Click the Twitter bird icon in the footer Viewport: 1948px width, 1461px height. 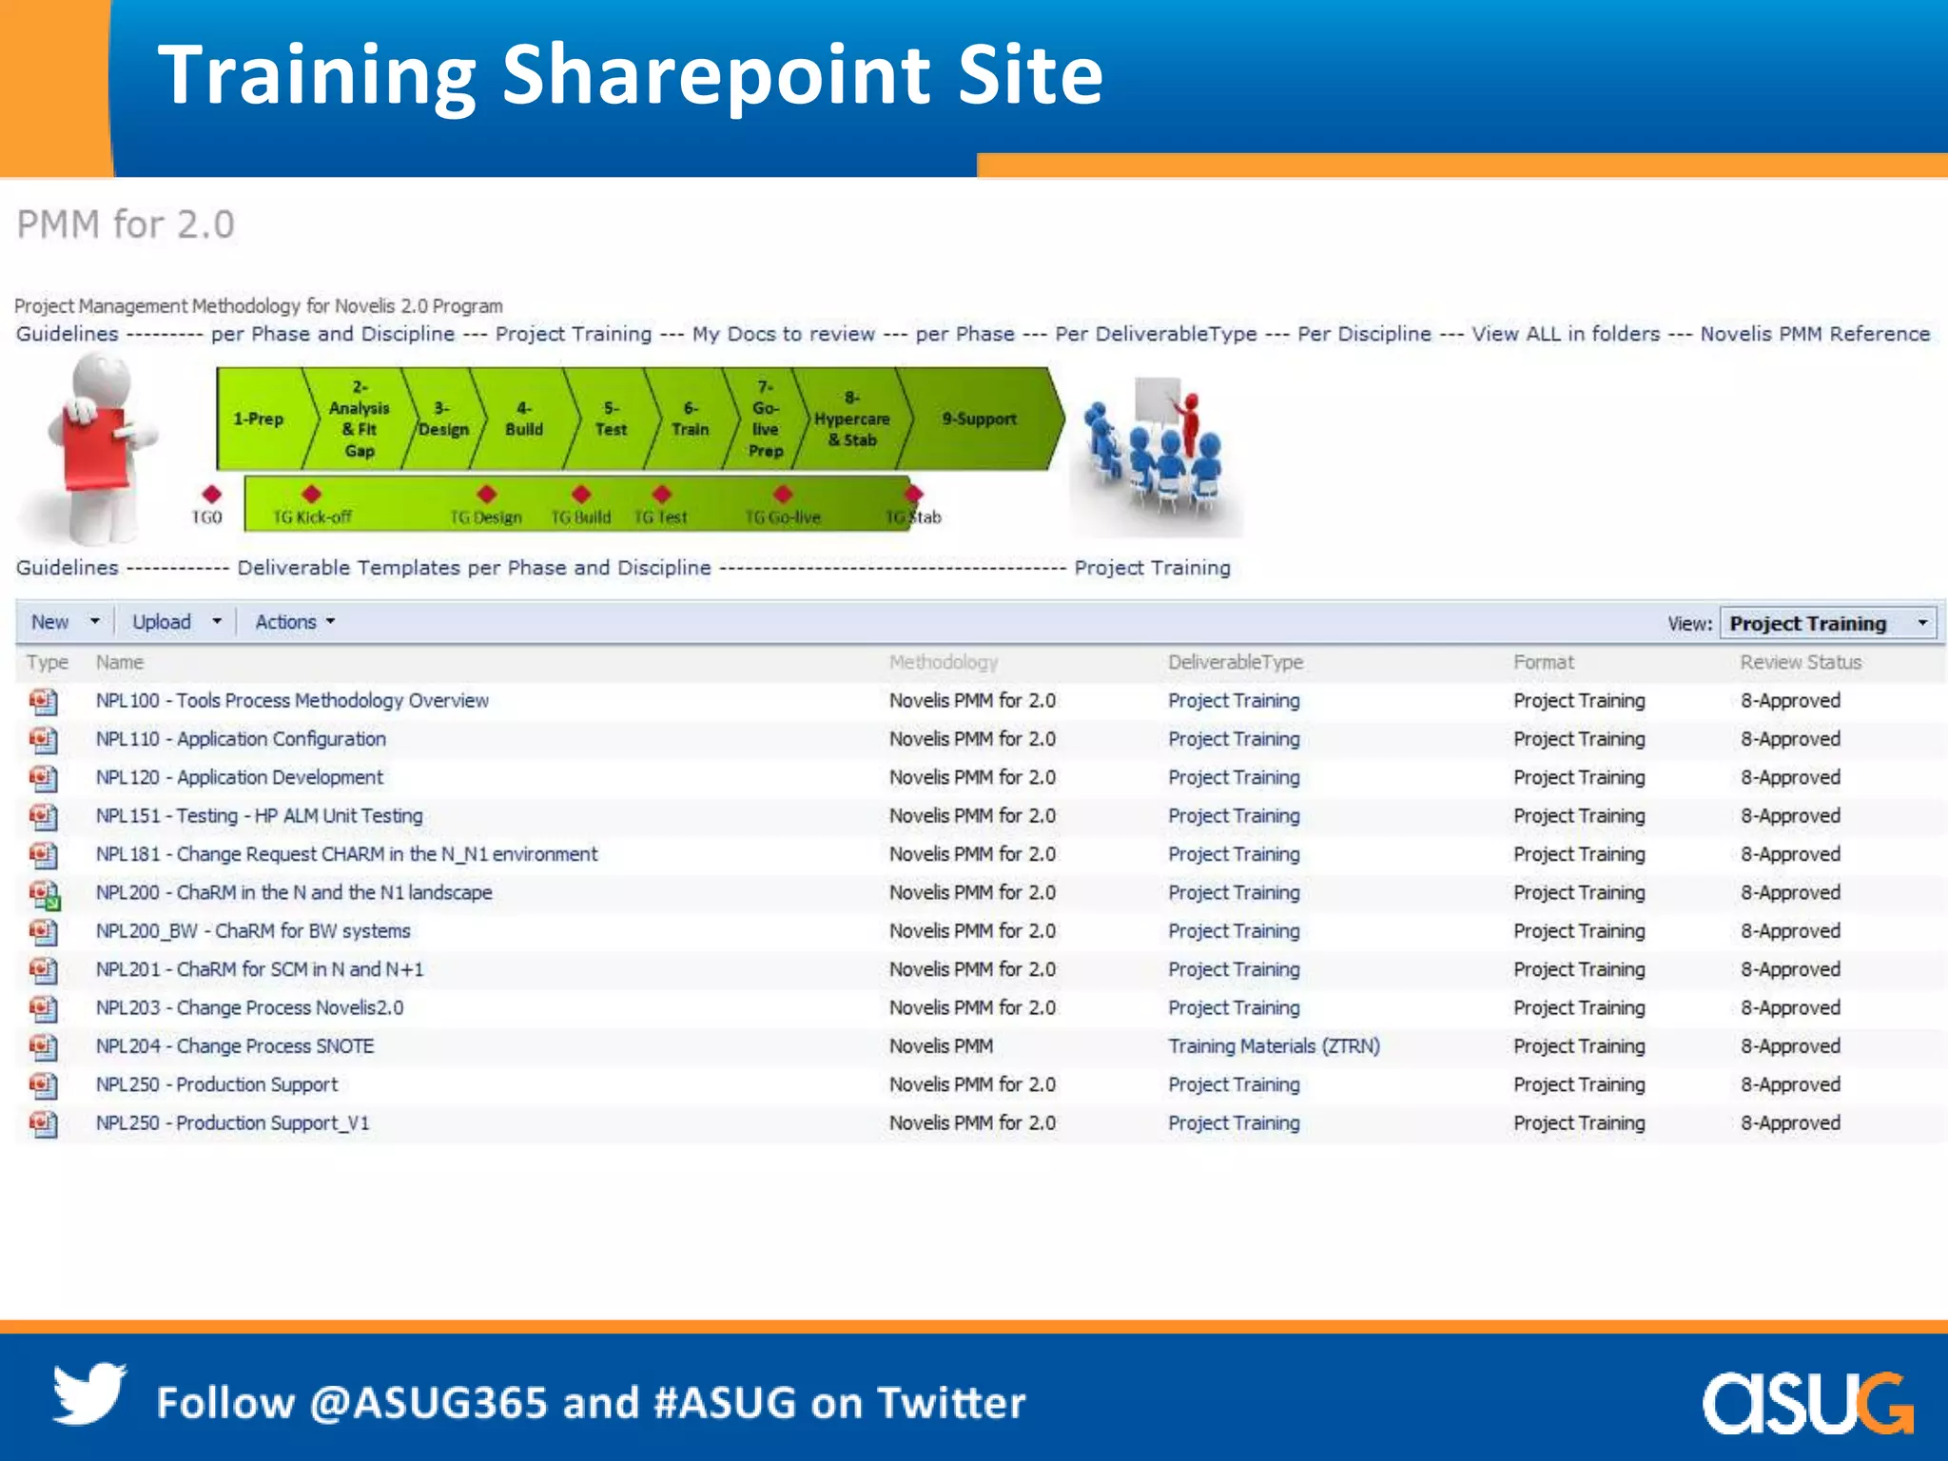tap(88, 1393)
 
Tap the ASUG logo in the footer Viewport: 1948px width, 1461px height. tap(1806, 1402)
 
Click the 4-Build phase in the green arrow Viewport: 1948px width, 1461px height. tap(523, 419)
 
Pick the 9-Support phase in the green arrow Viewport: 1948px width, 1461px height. tap(979, 419)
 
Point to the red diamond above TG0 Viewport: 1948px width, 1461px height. tap(211, 495)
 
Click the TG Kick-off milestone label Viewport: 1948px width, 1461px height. tap(312, 517)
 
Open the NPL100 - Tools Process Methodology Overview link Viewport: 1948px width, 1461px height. tap(292, 701)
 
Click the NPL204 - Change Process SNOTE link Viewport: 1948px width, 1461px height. tap(235, 1046)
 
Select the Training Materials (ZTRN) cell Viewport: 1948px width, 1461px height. tap(1274, 1046)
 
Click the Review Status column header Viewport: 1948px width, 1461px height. tap(1800, 663)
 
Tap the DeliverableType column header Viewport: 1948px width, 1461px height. tap(1235, 663)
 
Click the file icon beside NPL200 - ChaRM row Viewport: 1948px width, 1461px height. tap(43, 894)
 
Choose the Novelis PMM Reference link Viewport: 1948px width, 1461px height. tap(1815, 335)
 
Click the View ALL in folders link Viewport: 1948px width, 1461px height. tap(1566, 335)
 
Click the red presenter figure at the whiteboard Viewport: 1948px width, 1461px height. tap(1188, 423)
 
